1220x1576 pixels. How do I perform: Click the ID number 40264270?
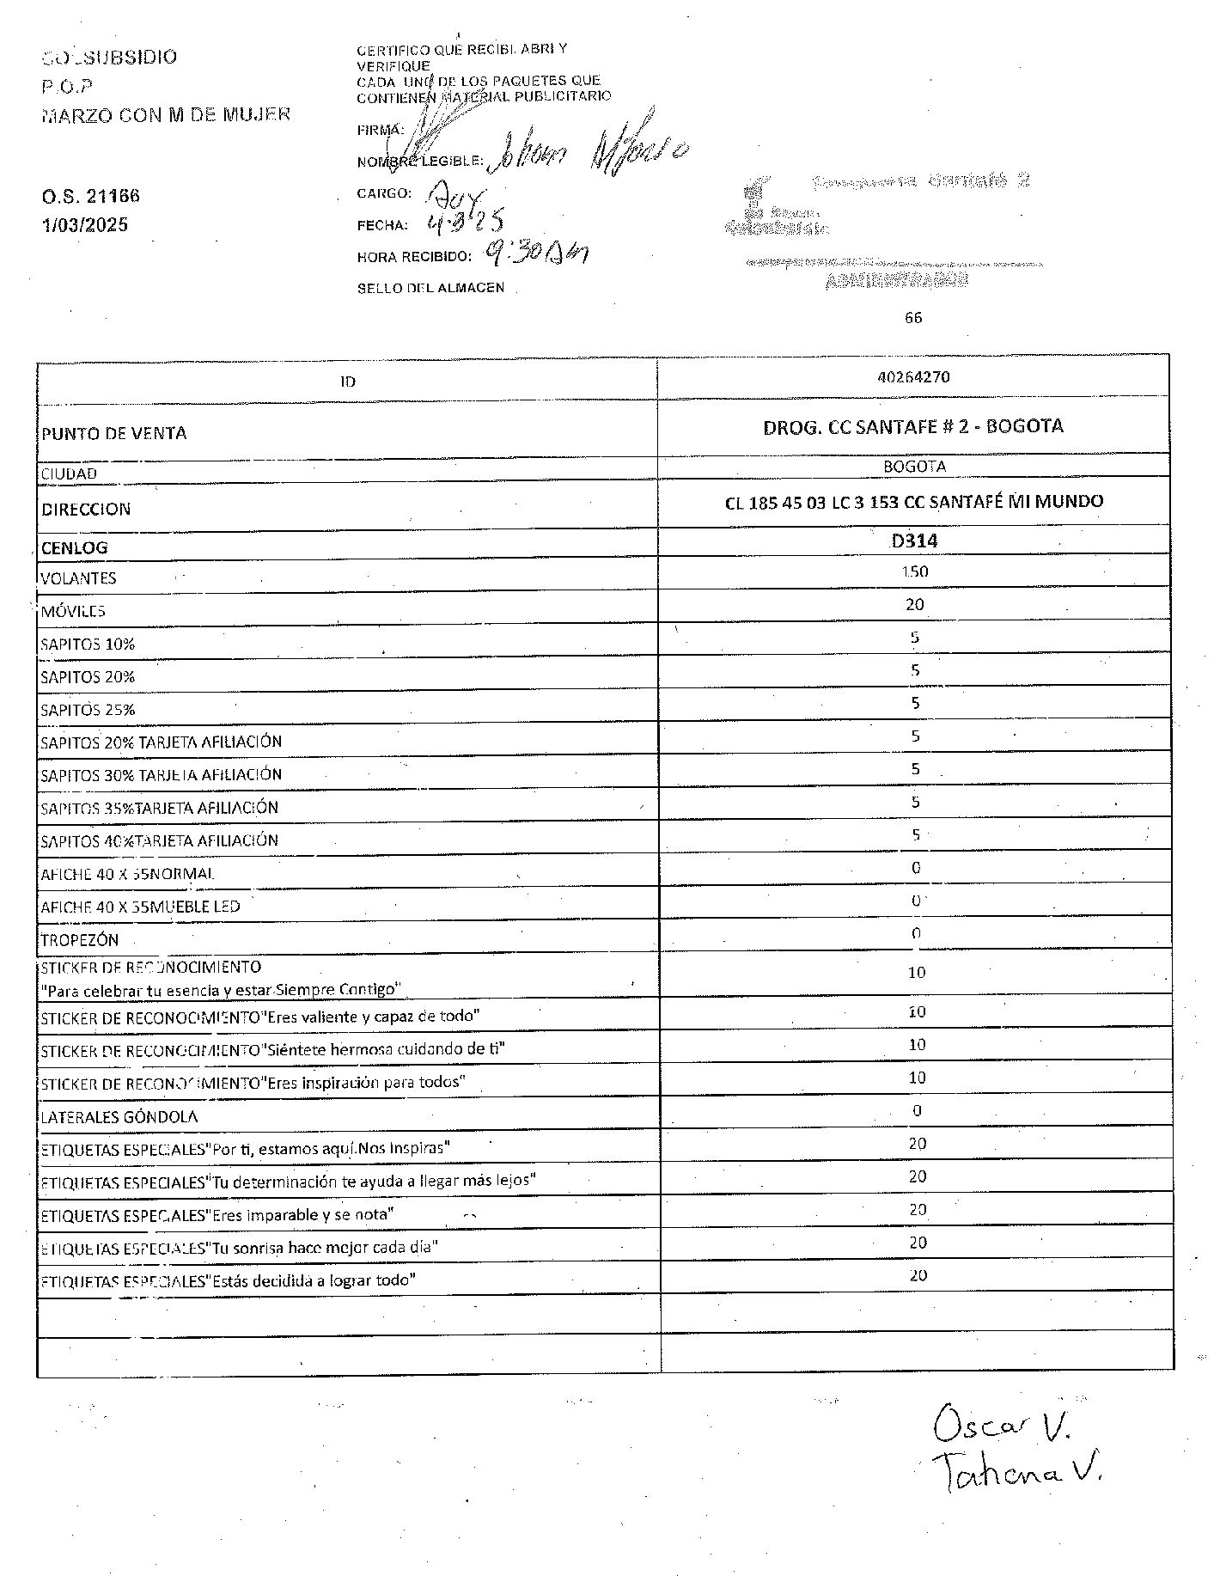point(914,377)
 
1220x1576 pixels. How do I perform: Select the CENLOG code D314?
point(914,541)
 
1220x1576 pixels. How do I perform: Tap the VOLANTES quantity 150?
point(915,571)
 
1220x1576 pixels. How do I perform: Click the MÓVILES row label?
point(73,611)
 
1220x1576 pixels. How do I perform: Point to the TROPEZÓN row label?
point(80,940)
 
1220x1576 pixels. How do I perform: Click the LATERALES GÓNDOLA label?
point(119,1117)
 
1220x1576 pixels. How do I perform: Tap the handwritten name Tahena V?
point(1018,1473)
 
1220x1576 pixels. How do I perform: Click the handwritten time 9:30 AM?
point(536,253)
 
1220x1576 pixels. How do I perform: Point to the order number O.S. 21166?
point(91,196)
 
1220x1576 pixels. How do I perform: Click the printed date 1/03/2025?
point(85,225)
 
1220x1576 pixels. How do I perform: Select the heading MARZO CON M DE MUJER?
point(166,114)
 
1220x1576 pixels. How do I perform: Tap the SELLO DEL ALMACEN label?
point(431,288)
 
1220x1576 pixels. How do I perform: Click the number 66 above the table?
point(913,318)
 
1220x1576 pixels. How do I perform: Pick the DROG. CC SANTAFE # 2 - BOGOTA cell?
point(913,426)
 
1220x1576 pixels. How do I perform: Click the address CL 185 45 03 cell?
point(914,502)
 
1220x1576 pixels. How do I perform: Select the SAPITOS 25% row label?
point(88,710)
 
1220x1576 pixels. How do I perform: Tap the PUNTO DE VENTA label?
point(114,433)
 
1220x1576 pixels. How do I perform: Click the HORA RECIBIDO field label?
point(415,257)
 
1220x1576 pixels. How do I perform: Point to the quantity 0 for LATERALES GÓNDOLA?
point(917,1110)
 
